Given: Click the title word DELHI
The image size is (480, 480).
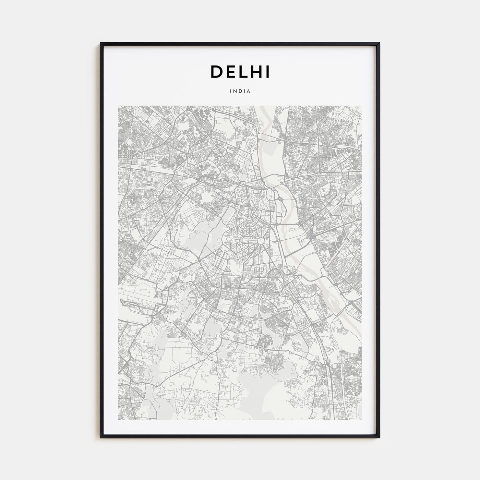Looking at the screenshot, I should click(240, 72).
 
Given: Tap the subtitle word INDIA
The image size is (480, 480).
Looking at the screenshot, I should click(240, 92).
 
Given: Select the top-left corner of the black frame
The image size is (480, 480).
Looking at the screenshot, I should click(101, 43).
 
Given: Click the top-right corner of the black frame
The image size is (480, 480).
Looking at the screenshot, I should click(379, 43).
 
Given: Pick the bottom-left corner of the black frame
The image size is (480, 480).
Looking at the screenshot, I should click(101, 437).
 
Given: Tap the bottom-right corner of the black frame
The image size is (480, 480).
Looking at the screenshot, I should click(379, 437).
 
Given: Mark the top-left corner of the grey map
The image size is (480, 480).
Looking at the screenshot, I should click(118, 106).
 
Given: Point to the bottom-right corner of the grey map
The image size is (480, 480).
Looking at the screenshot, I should click(361, 420).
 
